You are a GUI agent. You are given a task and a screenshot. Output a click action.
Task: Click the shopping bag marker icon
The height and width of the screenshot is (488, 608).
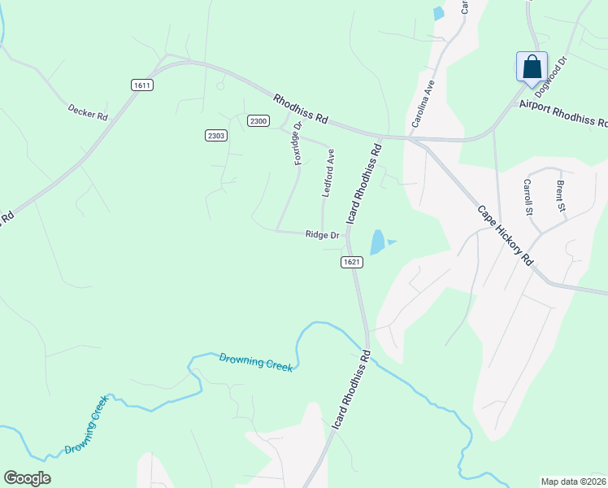[532, 66]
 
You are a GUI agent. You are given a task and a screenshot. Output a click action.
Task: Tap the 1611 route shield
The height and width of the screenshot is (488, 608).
[141, 85]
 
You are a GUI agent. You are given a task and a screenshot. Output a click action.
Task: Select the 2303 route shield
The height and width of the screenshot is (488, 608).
[215, 136]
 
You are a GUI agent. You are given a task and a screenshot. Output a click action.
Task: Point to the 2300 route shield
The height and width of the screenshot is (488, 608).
[258, 120]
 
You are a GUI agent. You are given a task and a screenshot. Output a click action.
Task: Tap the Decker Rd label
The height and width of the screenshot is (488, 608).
[88, 111]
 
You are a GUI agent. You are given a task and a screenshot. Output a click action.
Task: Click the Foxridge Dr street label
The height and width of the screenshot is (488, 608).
[297, 142]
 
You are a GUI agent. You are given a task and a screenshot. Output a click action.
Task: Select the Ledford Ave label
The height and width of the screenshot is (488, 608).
[329, 173]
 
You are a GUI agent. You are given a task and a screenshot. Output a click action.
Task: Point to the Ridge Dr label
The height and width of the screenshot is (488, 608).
[322, 235]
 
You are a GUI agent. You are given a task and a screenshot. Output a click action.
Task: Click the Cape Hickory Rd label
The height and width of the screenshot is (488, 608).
[505, 235]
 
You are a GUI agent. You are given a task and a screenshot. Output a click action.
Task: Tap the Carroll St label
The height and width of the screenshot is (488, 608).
[528, 197]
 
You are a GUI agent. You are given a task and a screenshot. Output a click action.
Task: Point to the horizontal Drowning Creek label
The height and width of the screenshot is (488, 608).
[255, 362]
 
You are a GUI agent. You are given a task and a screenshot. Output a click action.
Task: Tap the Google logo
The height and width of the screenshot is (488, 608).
[27, 478]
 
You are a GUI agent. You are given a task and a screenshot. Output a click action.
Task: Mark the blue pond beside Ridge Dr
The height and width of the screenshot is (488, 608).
[378, 242]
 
